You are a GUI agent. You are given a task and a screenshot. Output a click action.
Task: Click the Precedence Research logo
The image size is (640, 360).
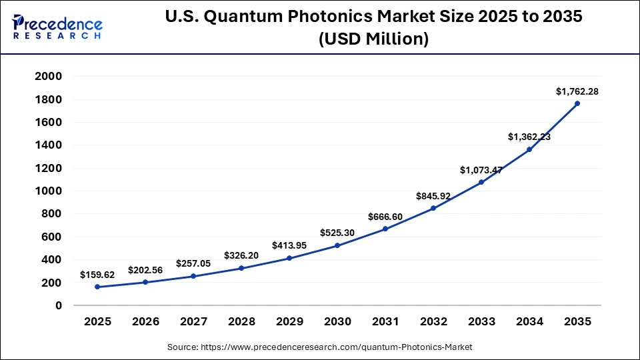pyautogui.click(x=57, y=27)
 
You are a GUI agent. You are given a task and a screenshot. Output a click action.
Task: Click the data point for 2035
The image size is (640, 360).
pyautogui.click(x=577, y=103)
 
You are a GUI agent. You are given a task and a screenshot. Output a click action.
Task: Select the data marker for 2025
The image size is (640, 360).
pyautogui.click(x=97, y=287)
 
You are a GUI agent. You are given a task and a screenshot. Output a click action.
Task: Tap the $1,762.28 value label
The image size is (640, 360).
pyautogui.click(x=577, y=91)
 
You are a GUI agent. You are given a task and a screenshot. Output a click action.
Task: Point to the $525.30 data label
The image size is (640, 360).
pyautogui.click(x=337, y=233)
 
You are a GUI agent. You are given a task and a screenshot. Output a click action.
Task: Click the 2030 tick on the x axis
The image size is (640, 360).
pyautogui.click(x=337, y=321)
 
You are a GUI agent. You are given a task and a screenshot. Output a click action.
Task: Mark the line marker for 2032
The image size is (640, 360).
pyautogui.click(x=433, y=208)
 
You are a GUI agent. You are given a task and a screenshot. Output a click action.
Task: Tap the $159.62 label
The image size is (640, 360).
pyautogui.click(x=97, y=275)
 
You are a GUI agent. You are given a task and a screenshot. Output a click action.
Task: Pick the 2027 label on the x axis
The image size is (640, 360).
pyautogui.click(x=193, y=321)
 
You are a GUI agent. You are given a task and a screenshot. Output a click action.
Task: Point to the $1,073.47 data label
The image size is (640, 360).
pyautogui.click(x=481, y=171)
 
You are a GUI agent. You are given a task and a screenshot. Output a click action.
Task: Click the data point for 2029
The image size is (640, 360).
pyautogui.click(x=289, y=258)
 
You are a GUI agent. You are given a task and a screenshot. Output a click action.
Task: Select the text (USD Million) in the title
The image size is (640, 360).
pyautogui.click(x=373, y=39)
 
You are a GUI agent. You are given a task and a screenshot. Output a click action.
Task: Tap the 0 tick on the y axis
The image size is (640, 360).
pyautogui.click(x=59, y=305)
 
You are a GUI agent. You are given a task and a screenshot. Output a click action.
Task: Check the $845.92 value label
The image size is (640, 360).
pyautogui.click(x=433, y=196)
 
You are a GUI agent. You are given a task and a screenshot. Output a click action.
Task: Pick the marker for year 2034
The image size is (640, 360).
pyautogui.click(x=529, y=149)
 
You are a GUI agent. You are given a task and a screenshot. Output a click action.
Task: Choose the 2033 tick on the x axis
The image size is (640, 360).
pyautogui.click(x=481, y=321)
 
